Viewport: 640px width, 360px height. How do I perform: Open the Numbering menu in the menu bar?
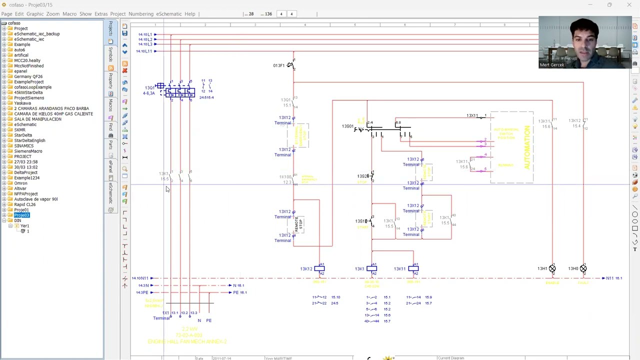pyautogui.click(x=140, y=14)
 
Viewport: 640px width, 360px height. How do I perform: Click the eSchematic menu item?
pyautogui.click(x=168, y=14)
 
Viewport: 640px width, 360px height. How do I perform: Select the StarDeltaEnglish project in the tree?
pyautogui.click(x=29, y=140)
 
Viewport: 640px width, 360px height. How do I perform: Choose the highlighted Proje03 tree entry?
pyautogui.click(x=21, y=215)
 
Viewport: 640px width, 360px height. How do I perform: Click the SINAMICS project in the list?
pyautogui.click(x=23, y=146)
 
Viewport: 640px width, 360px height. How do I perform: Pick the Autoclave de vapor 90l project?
pyautogui.click(x=35, y=199)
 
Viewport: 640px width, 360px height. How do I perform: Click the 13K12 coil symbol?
pyautogui.click(x=319, y=269)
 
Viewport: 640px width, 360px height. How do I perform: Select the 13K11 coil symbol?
pyautogui.click(x=413, y=269)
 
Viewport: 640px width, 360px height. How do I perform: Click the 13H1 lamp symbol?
pyautogui.click(x=552, y=269)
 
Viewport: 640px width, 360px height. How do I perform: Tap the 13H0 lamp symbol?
pyautogui.click(x=583, y=269)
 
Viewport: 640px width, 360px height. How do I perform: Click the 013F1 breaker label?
pyautogui.click(x=278, y=65)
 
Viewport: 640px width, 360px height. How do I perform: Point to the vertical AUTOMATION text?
pyautogui.click(x=526, y=147)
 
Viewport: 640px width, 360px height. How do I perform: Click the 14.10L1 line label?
pyautogui.click(x=145, y=34)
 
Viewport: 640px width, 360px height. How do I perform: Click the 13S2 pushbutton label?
pyautogui.click(x=362, y=176)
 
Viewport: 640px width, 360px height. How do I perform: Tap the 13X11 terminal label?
pyautogui.click(x=472, y=116)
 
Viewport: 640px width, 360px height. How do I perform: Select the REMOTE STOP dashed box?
pyautogui.click(x=299, y=224)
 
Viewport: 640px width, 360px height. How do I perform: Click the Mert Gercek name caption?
pyautogui.click(x=551, y=65)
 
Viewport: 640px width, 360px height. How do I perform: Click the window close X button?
pyautogui.click(x=629, y=4)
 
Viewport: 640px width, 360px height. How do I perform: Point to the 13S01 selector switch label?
pyautogui.click(x=347, y=126)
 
